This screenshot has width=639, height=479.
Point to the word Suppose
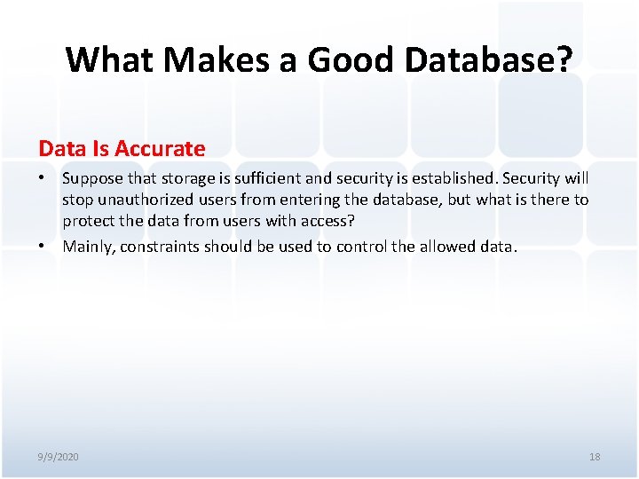91,178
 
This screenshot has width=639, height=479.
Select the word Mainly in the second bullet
87,247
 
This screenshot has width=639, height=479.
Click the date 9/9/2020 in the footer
58,457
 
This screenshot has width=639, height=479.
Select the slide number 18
595,457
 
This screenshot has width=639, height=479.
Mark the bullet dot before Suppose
43,178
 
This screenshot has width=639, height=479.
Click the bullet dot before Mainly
43,247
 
